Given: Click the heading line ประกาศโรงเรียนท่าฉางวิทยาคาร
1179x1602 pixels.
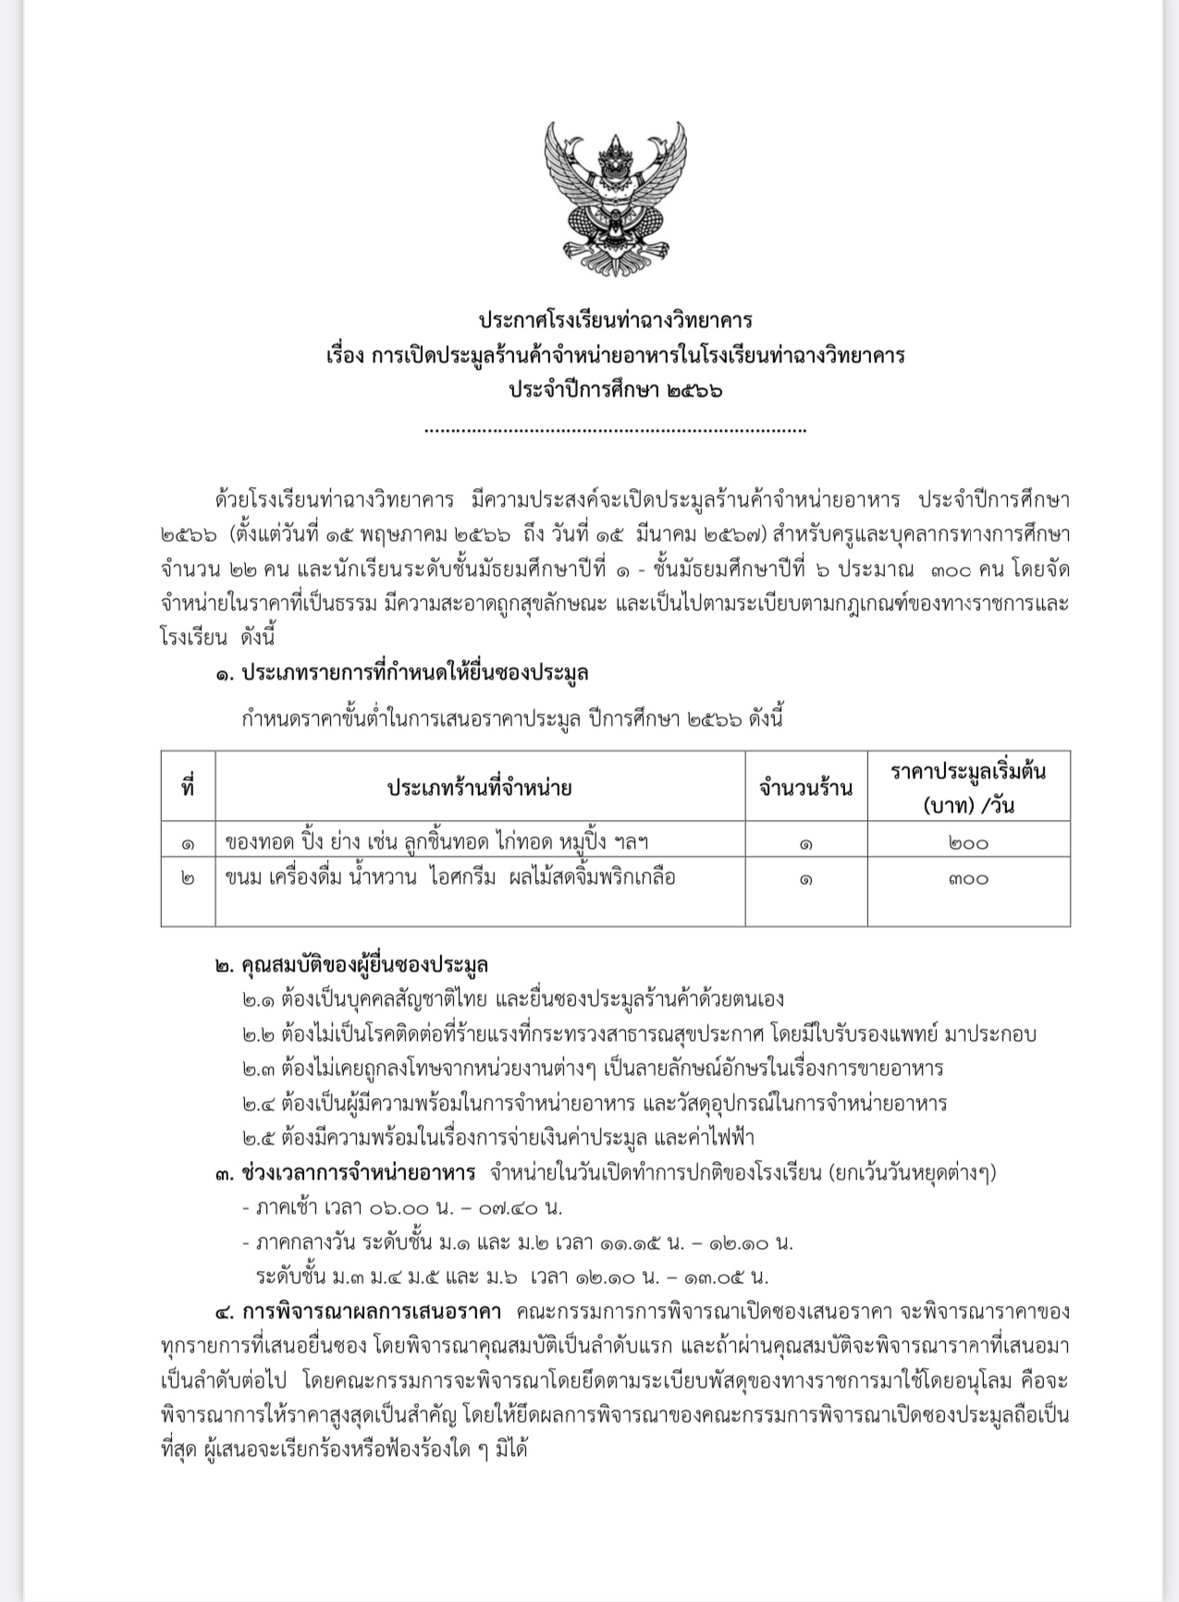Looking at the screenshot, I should [615, 320].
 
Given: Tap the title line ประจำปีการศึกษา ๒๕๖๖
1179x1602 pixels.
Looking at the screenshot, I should [615, 389].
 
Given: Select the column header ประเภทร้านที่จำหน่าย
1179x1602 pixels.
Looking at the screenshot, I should [479, 788].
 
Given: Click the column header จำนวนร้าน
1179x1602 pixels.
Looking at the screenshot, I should [805, 788].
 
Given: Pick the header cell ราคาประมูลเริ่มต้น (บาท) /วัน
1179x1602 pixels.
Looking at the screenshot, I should [968, 787].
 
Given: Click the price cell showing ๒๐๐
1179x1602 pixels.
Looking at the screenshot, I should [968, 842].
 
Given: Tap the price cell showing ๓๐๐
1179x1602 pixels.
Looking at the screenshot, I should [968, 878].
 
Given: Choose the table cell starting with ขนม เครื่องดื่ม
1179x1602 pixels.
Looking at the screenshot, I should [450, 877].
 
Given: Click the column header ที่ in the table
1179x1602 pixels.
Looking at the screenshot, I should [188, 788].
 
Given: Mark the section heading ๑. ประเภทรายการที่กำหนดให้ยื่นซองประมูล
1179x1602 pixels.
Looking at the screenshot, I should [402, 673].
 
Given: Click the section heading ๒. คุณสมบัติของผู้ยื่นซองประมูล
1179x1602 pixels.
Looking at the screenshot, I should [352, 965].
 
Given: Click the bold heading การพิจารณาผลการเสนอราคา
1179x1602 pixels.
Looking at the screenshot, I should [371, 1312].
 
